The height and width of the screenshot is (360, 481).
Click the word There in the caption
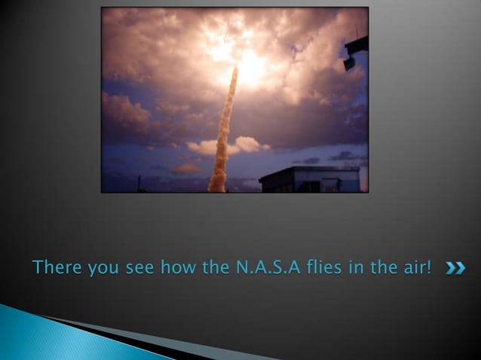tap(56, 267)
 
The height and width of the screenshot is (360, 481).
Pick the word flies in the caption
tap(320, 267)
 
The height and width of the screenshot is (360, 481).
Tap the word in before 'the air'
tap(353, 267)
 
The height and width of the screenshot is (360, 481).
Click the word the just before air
tap(380, 267)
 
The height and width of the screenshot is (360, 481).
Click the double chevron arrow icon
tap(454, 267)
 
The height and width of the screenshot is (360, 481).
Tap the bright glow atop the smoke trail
tap(249, 64)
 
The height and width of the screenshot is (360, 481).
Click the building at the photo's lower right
tap(309, 179)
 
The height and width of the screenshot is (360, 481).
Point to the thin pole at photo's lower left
tap(139, 183)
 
